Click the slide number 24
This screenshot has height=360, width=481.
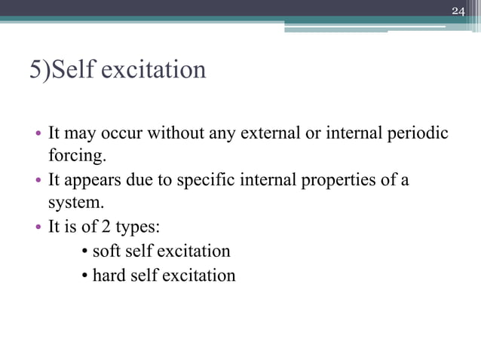coord(458,11)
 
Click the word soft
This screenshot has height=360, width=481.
coord(106,251)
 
